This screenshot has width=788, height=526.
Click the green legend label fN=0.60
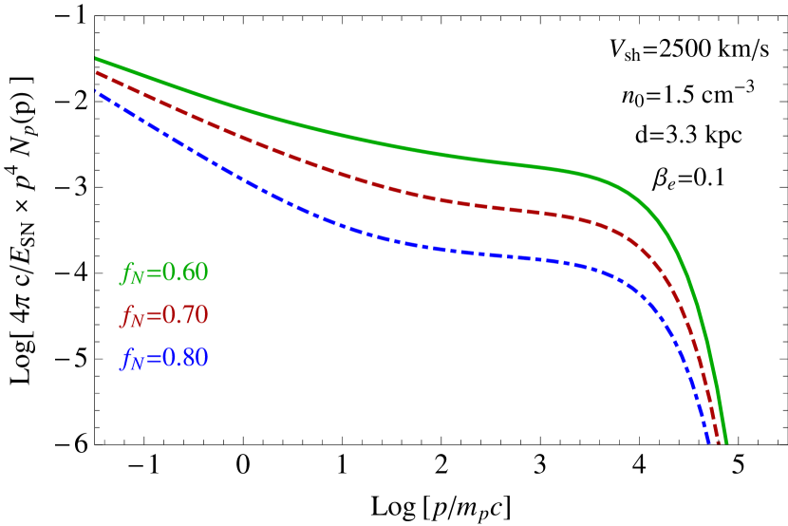coord(164,273)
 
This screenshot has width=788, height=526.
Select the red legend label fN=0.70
coord(164,316)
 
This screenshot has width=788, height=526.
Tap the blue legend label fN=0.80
coord(164,359)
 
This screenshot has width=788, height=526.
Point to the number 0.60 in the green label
coord(185,272)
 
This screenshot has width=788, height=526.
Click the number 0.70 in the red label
coord(185,315)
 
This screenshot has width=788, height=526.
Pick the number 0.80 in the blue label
coord(185,358)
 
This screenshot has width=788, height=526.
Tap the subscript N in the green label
coord(138,278)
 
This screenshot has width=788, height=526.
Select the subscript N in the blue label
coord(138,364)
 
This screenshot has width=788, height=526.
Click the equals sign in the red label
coord(154,316)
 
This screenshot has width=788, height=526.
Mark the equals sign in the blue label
coord(154,359)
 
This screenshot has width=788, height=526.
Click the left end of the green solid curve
coord(96,58)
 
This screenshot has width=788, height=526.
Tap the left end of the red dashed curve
coord(96,72)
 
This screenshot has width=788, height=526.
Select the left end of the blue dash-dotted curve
coord(96,91)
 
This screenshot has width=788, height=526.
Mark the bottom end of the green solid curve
coord(726,441)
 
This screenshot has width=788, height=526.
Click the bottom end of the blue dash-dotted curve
coord(708,441)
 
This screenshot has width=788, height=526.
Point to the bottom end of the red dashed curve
coord(719,441)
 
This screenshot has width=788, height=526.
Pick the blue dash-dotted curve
coord(380,238)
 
